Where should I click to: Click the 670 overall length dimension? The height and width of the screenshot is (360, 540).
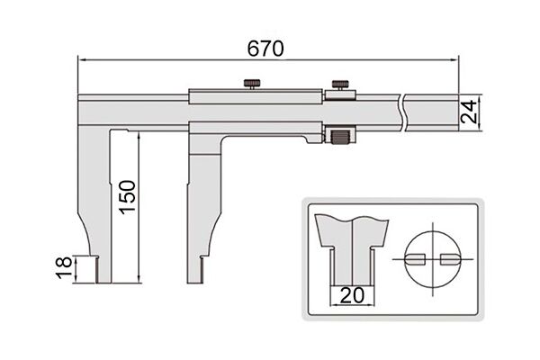click(x=265, y=49)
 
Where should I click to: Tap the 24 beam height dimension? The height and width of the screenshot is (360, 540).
click(x=469, y=112)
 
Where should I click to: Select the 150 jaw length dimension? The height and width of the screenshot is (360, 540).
click(x=128, y=197)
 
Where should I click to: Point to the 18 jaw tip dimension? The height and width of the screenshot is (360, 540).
click(x=64, y=267)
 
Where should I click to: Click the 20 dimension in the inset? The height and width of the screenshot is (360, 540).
click(x=352, y=295)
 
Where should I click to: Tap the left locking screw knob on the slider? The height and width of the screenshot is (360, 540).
click(x=252, y=84)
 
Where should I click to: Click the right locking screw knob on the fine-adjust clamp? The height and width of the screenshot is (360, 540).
click(x=340, y=85)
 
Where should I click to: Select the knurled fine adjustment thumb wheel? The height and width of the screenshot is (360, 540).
click(x=340, y=137)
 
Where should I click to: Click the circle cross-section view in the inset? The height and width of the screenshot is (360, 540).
click(x=433, y=259)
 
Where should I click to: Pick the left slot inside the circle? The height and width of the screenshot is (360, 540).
click(x=416, y=259)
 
